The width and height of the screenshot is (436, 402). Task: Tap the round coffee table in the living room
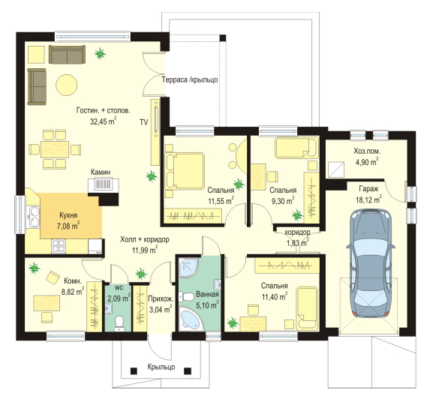click(67, 85)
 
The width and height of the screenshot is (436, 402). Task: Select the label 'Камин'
click(101, 172)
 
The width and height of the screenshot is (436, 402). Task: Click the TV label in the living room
click(144, 122)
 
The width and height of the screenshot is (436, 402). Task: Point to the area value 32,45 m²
click(103, 121)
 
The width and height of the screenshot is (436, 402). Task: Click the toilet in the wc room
click(119, 324)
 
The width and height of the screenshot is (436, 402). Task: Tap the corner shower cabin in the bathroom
click(188, 268)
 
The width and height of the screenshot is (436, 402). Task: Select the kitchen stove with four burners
click(59, 246)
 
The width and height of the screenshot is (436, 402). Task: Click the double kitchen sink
click(34, 217)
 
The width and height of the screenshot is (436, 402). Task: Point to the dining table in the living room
click(55, 149)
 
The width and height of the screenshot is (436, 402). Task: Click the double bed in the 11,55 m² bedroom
click(185, 171)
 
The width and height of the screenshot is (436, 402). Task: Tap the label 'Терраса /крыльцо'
click(190, 79)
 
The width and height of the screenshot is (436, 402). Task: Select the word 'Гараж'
click(368, 189)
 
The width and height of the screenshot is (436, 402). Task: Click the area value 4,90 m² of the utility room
click(367, 161)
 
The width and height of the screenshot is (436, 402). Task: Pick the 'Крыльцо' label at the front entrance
click(161, 367)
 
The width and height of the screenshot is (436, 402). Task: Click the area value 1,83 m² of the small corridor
click(298, 242)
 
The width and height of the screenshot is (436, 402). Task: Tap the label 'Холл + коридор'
click(145, 239)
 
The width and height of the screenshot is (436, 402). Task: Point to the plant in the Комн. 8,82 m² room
click(35, 268)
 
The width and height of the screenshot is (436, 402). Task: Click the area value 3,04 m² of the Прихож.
click(161, 309)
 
